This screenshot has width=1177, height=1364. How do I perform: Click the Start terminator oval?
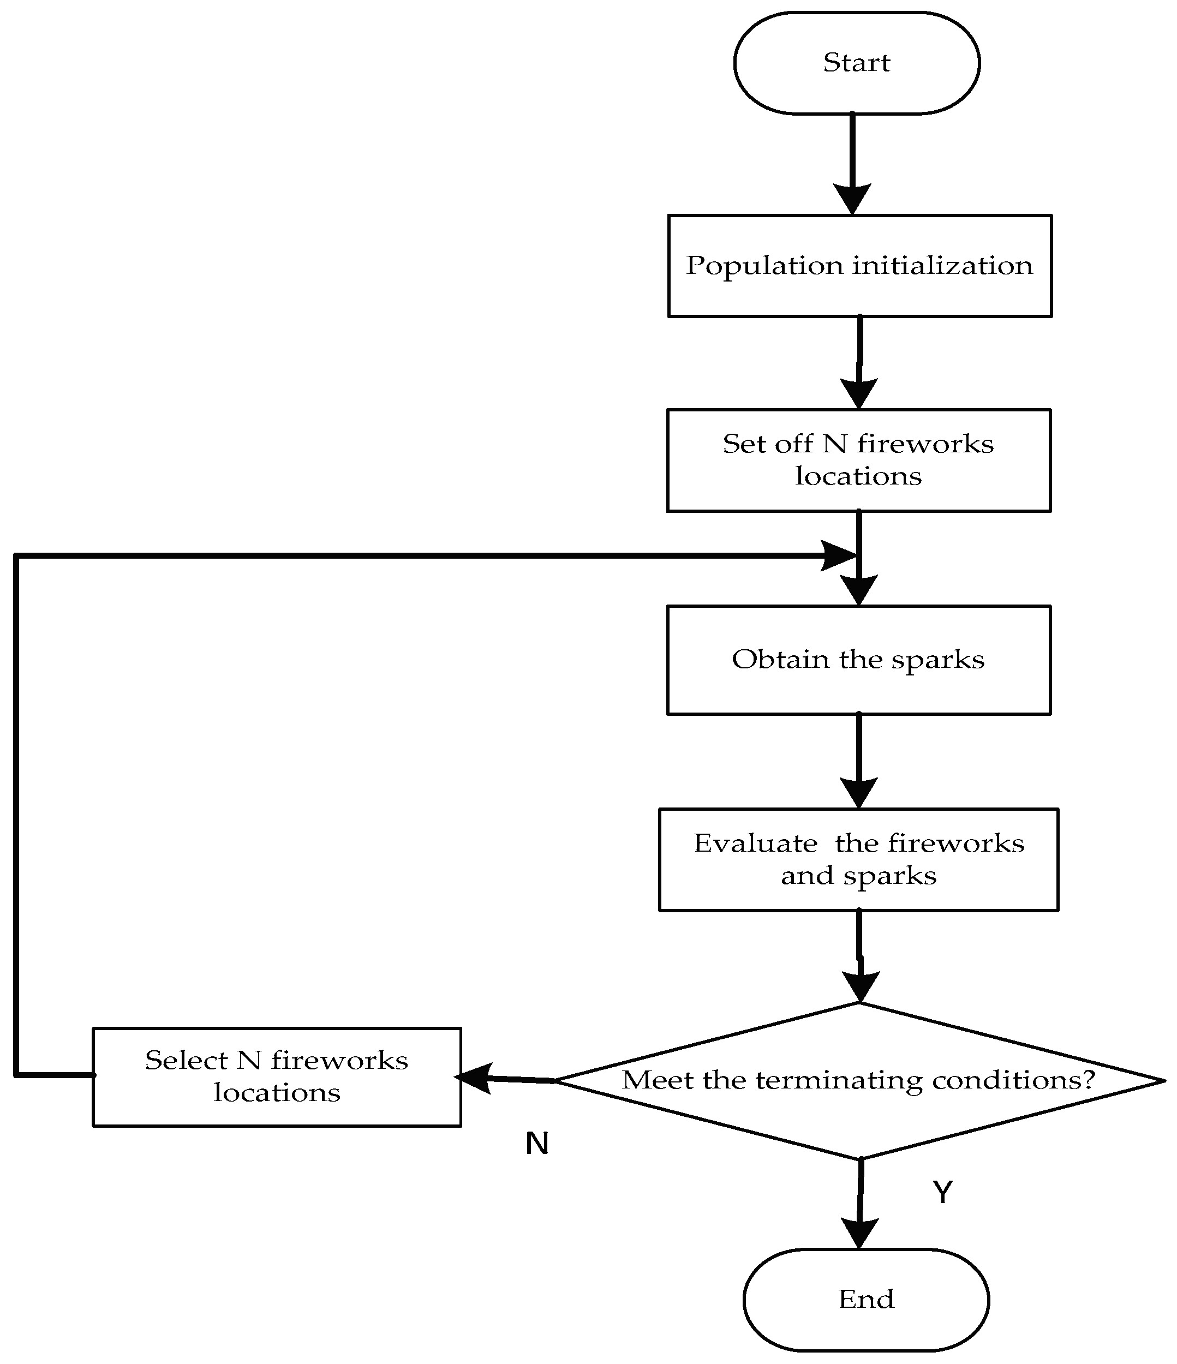tap(856, 63)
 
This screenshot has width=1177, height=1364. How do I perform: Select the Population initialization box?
tap(859, 266)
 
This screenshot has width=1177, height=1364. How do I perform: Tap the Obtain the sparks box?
tap(858, 660)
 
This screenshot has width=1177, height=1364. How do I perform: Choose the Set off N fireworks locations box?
tap(858, 460)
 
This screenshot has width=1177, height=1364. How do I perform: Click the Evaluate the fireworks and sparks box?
tap(858, 860)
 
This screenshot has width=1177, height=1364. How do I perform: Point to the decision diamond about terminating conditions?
tap(859, 1080)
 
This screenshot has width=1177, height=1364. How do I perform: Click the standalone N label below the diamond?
tap(536, 1144)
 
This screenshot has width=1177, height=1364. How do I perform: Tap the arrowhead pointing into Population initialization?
tap(852, 198)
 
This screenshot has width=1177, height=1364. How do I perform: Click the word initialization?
tap(943, 266)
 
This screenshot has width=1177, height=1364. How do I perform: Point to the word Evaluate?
tap(755, 844)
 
